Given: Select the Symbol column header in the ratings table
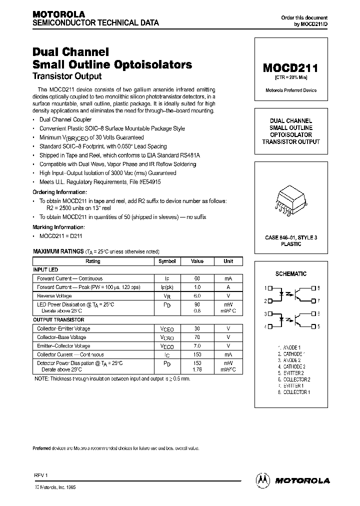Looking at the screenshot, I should click(x=167, y=261).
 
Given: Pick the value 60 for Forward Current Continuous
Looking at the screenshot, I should click(x=197, y=278).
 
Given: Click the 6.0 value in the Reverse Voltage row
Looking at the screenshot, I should click(x=197, y=295).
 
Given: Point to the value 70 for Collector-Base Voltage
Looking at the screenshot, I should click(x=197, y=337).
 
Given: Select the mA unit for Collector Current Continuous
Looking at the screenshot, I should click(x=228, y=354).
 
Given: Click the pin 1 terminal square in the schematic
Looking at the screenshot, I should click(x=270, y=288).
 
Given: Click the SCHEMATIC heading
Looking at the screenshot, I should click(x=291, y=274).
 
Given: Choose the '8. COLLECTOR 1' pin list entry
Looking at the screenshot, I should click(x=294, y=392).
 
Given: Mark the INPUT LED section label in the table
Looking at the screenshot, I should click(x=45, y=269).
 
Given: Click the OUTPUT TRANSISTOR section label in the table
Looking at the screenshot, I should click(x=58, y=319).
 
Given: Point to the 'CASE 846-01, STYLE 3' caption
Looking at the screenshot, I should click(x=291, y=238).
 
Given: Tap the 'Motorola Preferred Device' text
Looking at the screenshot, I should click(x=290, y=90).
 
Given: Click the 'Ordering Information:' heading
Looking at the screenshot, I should click(x=59, y=192).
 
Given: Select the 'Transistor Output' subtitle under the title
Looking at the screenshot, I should click(x=67, y=76).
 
